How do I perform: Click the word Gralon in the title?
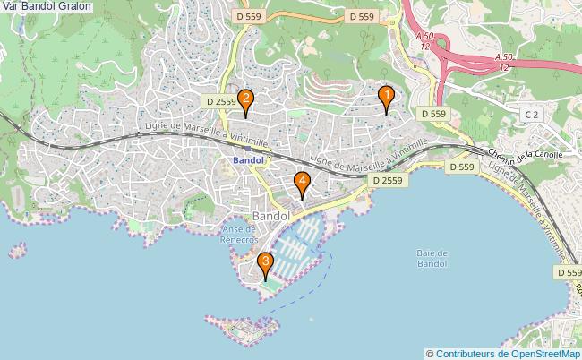[73, 7]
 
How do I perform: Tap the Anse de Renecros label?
[240, 235]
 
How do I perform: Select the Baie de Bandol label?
[432, 258]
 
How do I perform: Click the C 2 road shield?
[532, 115]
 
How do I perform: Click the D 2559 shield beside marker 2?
[218, 103]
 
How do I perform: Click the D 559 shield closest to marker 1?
[432, 114]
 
